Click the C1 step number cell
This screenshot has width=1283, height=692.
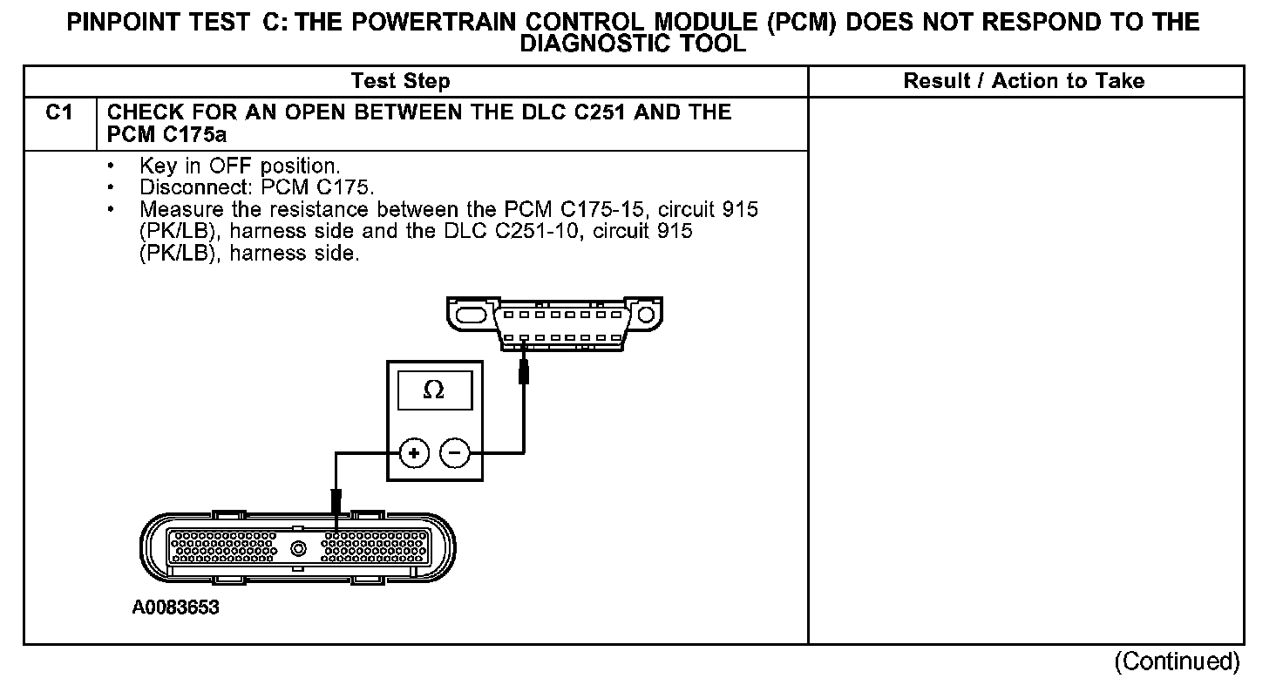[x=58, y=113]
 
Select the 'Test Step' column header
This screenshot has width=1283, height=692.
[x=400, y=82]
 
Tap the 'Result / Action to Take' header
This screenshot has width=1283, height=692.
[x=1023, y=82]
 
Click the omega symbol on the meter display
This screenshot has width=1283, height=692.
[x=433, y=391]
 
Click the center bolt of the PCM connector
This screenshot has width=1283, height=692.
[x=300, y=549]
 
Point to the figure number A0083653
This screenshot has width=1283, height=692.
[x=175, y=608]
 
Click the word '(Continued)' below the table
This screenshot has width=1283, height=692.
[x=1176, y=661]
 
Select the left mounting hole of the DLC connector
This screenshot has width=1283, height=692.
[x=470, y=313]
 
